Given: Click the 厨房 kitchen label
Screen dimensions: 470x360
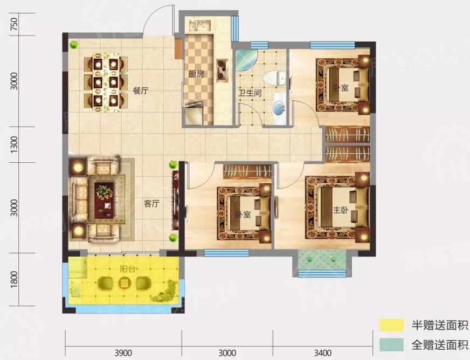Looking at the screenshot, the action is (196, 74).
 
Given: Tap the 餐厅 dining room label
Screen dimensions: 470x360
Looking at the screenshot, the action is (141, 91).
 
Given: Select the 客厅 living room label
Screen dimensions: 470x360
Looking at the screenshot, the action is (151, 204).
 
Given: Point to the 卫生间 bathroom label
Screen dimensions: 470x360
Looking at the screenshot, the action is (250, 93).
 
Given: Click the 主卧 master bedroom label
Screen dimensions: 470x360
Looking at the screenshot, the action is (341, 210).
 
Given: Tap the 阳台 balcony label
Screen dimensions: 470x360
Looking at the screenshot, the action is (128, 269).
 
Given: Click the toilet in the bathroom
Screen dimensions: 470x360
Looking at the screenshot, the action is (274, 78).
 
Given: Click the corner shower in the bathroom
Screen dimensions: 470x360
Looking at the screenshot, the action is (246, 60).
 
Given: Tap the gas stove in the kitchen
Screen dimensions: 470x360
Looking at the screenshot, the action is (222, 71).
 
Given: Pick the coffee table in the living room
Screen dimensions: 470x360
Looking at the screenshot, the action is (104, 200).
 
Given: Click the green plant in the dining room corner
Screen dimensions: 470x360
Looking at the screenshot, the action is (73, 45).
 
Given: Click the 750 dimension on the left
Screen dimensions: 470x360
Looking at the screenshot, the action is (14, 24).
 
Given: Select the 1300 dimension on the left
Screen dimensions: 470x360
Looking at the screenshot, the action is (14, 144).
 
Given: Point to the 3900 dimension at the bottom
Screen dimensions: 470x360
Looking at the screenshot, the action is (123, 352).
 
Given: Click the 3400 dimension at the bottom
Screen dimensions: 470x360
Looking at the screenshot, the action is (323, 352).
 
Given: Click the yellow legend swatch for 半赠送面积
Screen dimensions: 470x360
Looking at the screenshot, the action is (391, 325).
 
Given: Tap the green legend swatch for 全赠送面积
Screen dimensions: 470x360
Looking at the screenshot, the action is (391, 345).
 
